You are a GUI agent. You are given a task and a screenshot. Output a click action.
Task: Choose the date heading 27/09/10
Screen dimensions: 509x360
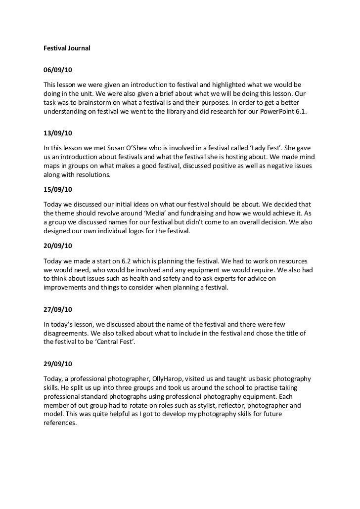[x=58, y=310]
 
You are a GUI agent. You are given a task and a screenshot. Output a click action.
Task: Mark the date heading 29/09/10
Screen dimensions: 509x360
[x=58, y=364]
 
